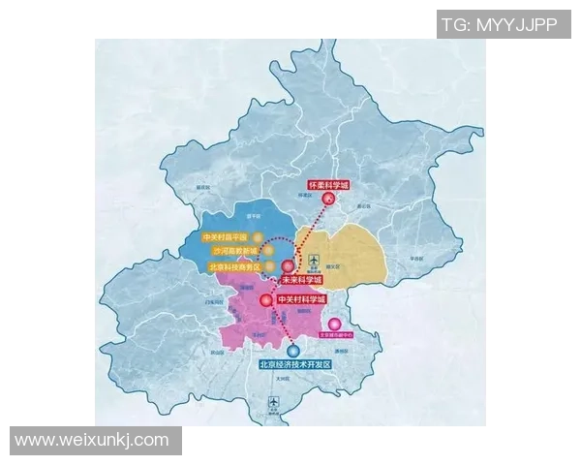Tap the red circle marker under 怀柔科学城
tap(328, 201)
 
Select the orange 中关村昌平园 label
tap(226, 236)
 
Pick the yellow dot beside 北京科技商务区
tap(275, 265)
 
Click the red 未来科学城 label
tap(300, 280)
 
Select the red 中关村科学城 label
tap(304, 300)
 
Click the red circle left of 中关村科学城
tap(266, 300)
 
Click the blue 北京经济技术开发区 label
tap(295, 365)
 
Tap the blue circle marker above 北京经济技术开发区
tap(293, 351)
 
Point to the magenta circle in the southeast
tap(335, 325)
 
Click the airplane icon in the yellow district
tap(314, 261)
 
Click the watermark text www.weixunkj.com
tap(93, 441)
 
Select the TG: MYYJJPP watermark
tap(500, 25)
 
